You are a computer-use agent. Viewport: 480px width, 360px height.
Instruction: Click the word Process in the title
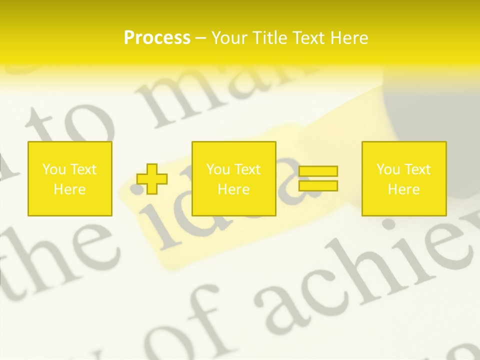tap(157, 38)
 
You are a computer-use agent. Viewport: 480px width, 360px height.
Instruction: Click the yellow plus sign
tap(152, 179)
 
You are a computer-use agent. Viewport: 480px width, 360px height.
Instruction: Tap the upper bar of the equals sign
tap(318, 171)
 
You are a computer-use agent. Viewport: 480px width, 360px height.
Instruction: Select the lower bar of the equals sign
tap(318, 185)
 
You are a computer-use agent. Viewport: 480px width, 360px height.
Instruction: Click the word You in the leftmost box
tap(53, 169)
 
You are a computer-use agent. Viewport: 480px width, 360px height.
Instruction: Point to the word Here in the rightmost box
tap(404, 189)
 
